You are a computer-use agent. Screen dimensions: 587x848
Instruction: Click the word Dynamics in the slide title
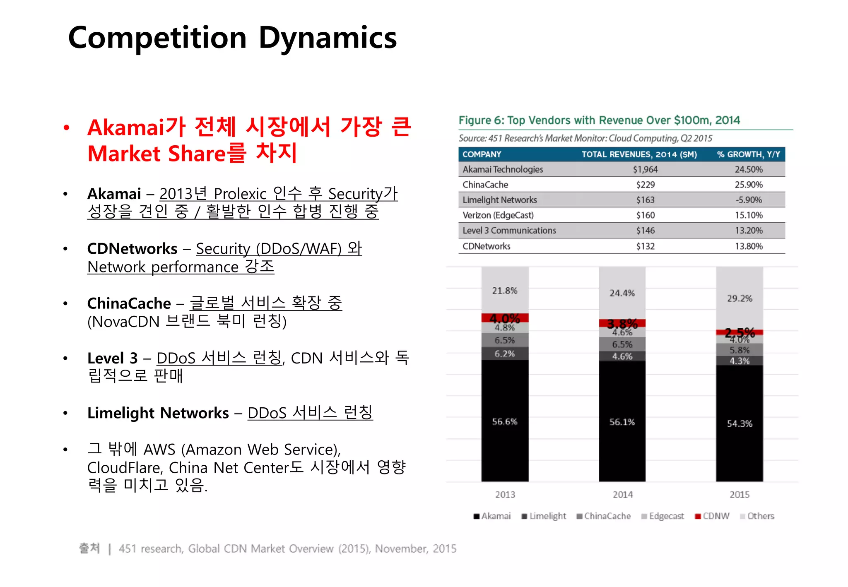pos(328,38)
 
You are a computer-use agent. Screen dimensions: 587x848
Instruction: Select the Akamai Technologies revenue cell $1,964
pos(645,169)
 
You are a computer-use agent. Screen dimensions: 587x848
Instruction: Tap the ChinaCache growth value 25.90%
pos(748,185)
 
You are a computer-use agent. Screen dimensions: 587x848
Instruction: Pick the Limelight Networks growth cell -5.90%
pos(748,200)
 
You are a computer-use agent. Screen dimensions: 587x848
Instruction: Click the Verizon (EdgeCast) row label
pos(498,215)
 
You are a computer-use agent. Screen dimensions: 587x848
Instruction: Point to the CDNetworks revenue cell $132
pos(645,246)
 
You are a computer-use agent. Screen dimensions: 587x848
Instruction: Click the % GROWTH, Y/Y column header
pos(748,154)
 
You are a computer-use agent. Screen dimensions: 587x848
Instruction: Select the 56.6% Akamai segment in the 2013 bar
pos(504,421)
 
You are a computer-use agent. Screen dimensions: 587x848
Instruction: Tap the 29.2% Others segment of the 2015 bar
pos(740,298)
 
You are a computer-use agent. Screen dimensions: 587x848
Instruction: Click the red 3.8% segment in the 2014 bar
pos(622,323)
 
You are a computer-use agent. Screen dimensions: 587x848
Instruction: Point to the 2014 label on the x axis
pos(622,495)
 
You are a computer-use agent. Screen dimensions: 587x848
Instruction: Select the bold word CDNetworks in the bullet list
pos(132,249)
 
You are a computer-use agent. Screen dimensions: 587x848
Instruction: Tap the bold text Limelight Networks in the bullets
pos(158,413)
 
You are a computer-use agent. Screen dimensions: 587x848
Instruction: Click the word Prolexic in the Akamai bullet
pos(240,194)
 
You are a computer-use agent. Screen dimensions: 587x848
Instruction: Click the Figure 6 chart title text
pos(599,120)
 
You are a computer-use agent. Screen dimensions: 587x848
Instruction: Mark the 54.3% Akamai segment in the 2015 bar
pos(740,423)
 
